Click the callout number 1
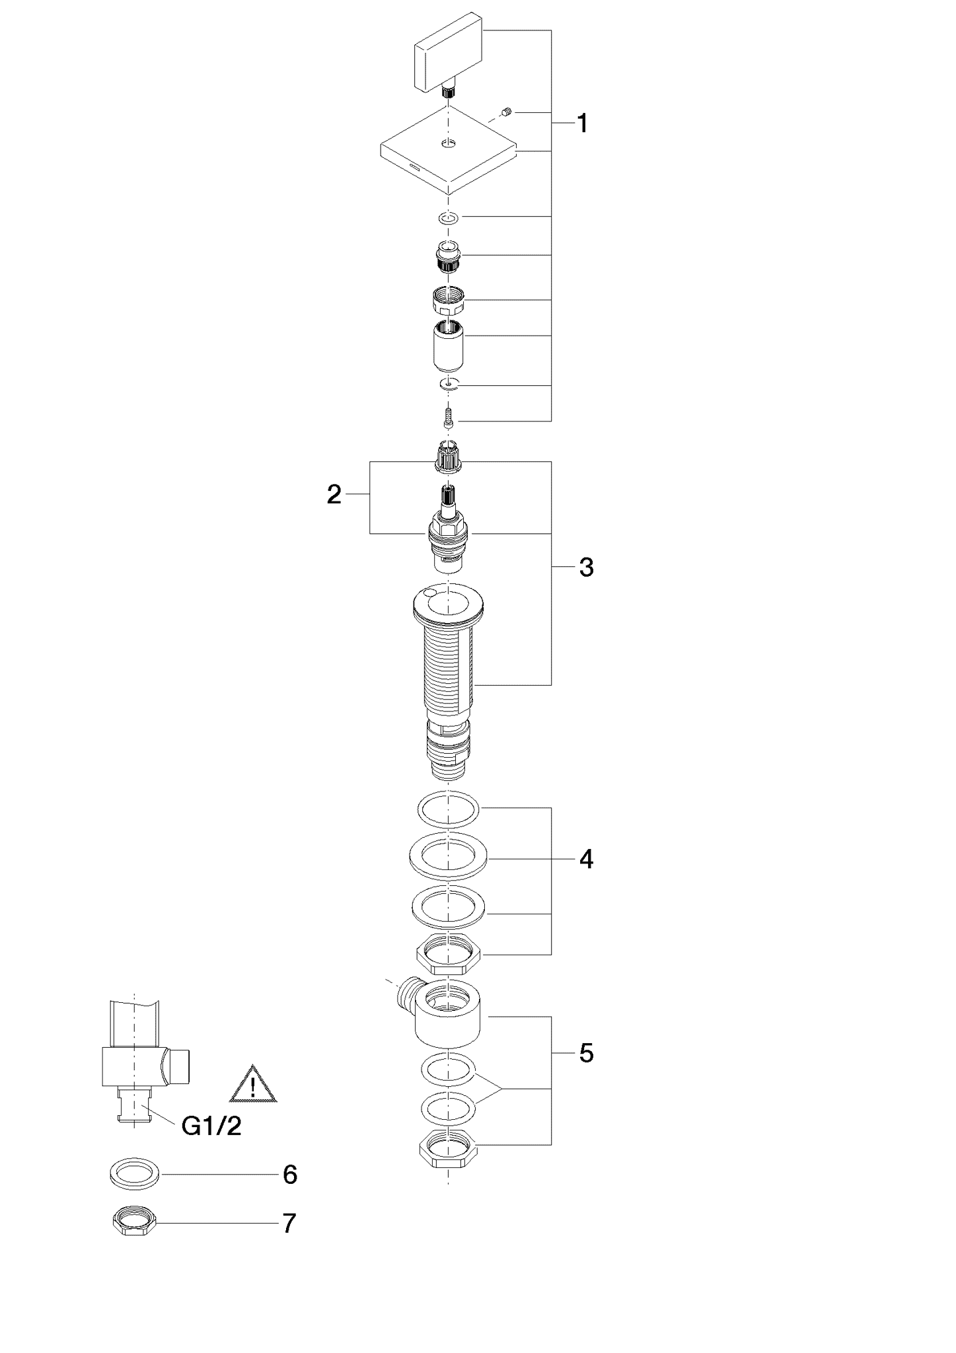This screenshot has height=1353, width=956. (583, 124)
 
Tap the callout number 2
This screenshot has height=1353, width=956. (334, 494)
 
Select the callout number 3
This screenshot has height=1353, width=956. (586, 567)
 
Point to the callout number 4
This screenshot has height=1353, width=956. (586, 859)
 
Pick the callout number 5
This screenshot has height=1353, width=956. (586, 1053)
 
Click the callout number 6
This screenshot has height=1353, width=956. (290, 1175)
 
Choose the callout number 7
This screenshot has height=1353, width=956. (289, 1224)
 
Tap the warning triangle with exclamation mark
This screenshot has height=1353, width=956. (253, 1084)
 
